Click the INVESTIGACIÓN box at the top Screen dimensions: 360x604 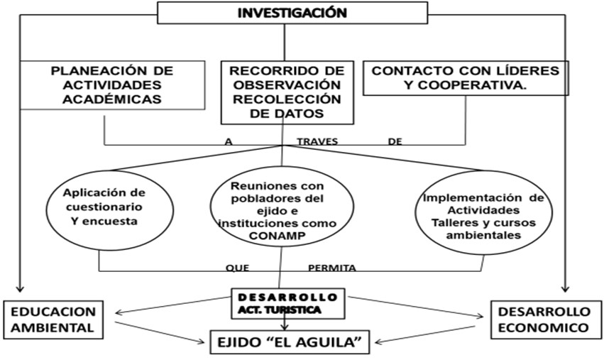292,13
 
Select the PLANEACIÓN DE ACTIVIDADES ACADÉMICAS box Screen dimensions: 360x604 113,85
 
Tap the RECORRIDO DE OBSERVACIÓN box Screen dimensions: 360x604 287,92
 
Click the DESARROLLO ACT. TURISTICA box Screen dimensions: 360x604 287,302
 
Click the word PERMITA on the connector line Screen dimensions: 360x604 331,268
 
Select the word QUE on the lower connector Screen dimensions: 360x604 237,268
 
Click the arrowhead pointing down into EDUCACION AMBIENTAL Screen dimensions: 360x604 20,290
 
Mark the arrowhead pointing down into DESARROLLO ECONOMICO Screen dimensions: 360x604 566,290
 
